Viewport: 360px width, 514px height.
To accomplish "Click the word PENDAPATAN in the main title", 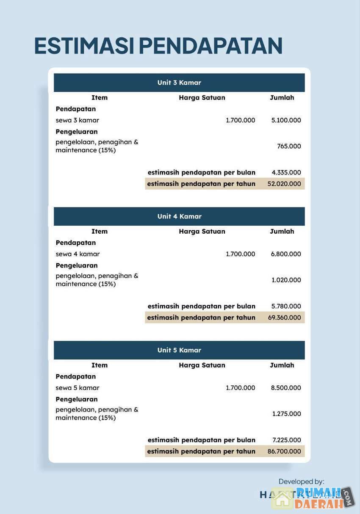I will [210, 46].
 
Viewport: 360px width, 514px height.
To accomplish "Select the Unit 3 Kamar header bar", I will [179, 83].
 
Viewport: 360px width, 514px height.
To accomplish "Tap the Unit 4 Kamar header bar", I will [179, 216].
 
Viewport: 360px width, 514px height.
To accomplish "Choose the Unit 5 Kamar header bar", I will [179, 350].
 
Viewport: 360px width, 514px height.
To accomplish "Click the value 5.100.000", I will [286, 120].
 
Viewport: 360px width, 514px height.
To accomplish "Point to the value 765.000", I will [289, 146].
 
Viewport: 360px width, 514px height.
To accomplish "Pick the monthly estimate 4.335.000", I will [286, 172].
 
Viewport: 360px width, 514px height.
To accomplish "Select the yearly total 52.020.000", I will [284, 184].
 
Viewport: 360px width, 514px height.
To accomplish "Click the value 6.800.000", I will [286, 254].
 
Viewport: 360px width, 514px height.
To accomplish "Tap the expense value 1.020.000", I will [286, 280].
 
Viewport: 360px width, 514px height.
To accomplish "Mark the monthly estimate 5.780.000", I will [286, 306].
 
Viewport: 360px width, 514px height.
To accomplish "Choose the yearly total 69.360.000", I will [284, 318].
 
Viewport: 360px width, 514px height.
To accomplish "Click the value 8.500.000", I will [286, 388].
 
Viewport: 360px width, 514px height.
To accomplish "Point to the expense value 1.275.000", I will [286, 414].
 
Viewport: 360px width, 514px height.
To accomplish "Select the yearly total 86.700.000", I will [284, 451].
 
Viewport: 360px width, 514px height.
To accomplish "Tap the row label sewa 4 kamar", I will [78, 254].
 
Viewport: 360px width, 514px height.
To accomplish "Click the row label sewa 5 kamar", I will [78, 388].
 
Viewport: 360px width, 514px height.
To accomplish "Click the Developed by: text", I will [301, 481].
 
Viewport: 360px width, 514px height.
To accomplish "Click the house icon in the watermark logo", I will [282, 499].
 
